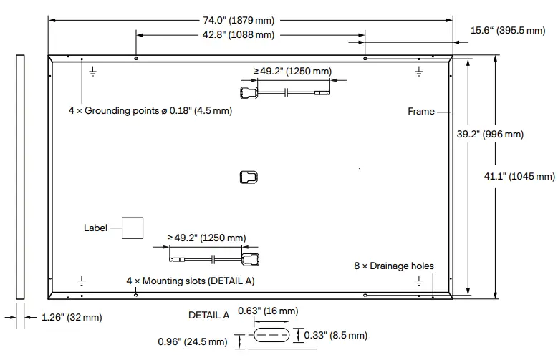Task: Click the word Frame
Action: [421, 112]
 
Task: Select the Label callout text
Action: [95, 228]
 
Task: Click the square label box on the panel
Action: [132, 228]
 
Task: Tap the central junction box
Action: [248, 177]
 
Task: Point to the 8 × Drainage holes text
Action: [393, 266]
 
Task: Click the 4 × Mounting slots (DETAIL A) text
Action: [190, 281]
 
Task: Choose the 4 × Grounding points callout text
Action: [150, 112]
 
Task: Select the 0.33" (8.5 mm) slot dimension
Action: [336, 335]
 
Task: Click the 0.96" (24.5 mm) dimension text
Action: [193, 342]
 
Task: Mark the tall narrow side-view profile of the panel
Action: [19, 176]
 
